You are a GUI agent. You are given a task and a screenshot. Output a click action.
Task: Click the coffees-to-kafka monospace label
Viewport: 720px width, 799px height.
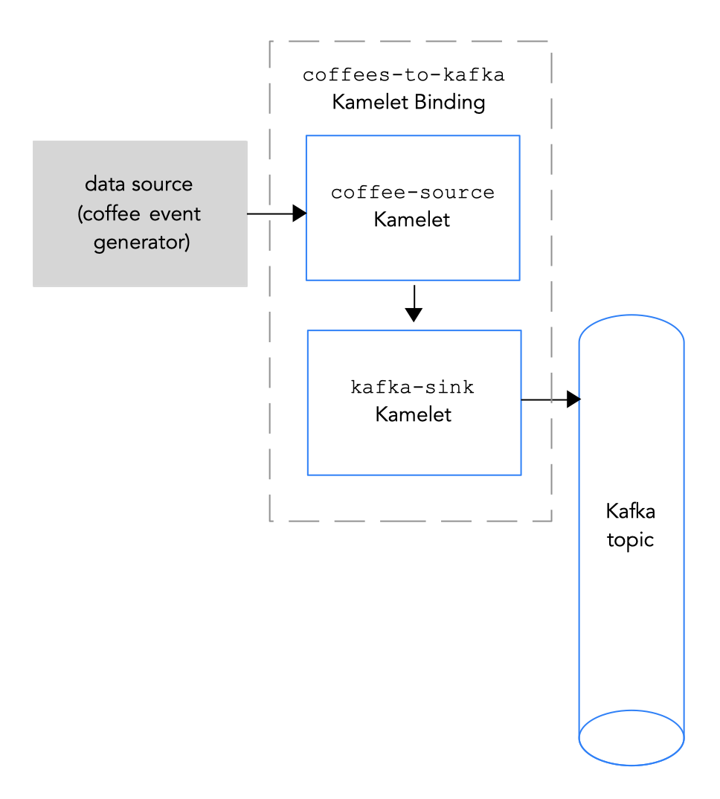click(403, 75)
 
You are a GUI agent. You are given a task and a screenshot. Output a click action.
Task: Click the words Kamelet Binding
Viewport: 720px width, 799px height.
click(408, 102)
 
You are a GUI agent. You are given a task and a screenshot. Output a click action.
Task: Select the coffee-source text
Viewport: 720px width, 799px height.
click(412, 193)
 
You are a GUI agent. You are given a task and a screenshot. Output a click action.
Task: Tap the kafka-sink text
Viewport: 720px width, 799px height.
click(412, 388)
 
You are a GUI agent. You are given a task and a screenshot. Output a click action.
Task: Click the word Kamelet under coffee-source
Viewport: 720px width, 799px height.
click(412, 219)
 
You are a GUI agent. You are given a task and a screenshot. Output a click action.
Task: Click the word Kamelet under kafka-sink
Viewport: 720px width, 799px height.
click(413, 414)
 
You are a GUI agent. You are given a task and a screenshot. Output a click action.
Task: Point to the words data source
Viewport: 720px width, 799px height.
click(138, 184)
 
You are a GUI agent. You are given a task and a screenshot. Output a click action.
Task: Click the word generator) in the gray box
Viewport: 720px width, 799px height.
click(141, 243)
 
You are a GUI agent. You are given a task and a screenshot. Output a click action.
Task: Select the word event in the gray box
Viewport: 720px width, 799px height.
click(175, 214)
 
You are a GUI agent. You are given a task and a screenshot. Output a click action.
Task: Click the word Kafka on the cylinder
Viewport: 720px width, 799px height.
click(630, 512)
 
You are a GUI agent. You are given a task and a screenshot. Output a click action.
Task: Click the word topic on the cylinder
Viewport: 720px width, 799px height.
click(630, 539)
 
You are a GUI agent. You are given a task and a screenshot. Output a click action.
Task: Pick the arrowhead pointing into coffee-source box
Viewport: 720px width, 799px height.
click(299, 214)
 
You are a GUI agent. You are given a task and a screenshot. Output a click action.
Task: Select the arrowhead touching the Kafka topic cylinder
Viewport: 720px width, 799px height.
click(573, 399)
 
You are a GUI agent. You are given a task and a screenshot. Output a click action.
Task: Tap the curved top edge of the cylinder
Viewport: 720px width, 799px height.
click(631, 316)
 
